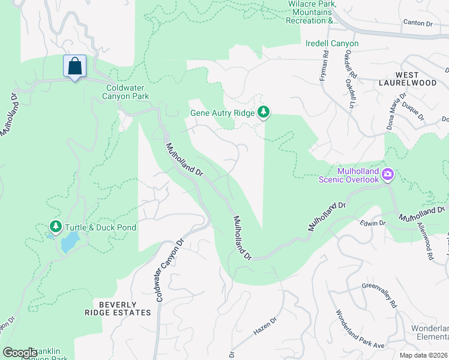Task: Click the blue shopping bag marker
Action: click(74, 67)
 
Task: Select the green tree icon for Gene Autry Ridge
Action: click(263, 112)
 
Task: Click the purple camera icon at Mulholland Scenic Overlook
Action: click(388, 175)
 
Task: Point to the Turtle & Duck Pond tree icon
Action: click(56, 227)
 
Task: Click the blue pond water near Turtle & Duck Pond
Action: click(70, 242)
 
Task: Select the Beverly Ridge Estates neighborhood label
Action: click(122, 308)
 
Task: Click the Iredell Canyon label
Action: click(332, 44)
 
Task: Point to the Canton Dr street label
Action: click(418, 23)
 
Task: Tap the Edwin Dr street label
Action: click(373, 223)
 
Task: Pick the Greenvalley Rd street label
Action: click(379, 296)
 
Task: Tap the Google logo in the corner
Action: click(20, 353)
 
